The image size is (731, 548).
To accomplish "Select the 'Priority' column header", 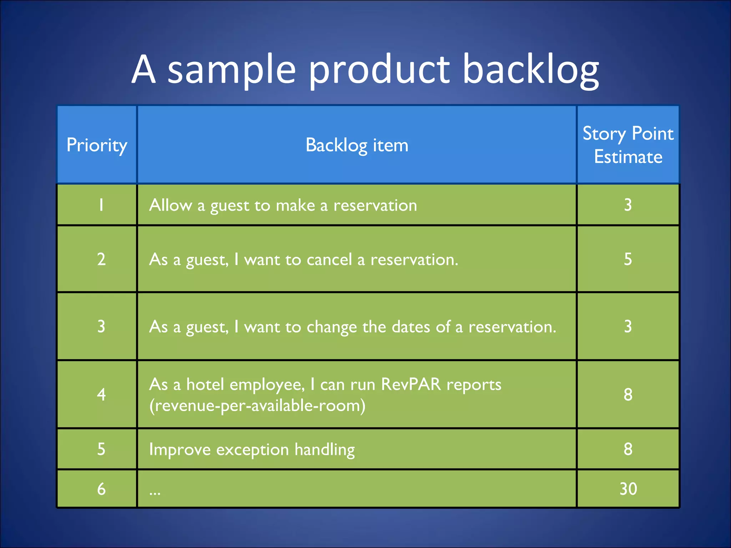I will [97, 145].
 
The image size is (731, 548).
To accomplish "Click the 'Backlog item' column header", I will [357, 145].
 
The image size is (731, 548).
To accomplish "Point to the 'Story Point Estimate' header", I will [628, 145].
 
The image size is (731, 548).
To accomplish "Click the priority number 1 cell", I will [101, 205].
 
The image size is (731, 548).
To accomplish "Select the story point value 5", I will [628, 259].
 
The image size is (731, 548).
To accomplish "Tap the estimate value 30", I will [628, 489].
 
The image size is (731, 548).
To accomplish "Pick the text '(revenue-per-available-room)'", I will [257, 406].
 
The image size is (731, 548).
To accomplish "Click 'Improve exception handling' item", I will [252, 449].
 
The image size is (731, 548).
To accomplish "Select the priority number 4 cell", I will [101, 395].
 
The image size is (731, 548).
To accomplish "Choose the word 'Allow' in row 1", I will [170, 205].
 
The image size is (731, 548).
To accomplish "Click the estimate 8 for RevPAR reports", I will [628, 395].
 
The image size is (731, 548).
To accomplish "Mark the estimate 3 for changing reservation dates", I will [628, 326].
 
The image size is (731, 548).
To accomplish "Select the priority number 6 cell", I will [101, 489].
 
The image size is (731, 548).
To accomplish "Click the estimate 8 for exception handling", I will [628, 449].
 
